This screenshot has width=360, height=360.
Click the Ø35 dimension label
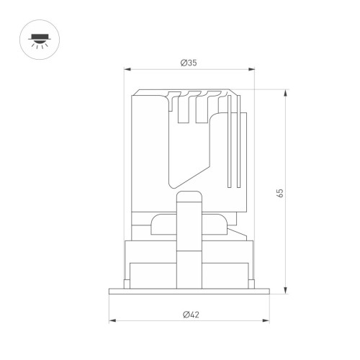(189, 63)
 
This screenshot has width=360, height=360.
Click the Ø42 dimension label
(191, 315)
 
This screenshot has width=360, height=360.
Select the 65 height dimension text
(280, 193)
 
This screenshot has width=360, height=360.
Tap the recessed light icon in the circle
(40, 40)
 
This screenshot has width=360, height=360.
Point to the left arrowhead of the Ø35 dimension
(127, 69)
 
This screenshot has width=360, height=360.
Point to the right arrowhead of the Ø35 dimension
(251, 69)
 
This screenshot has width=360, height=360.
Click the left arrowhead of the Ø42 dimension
(112, 320)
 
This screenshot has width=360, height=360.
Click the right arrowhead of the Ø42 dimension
(266, 320)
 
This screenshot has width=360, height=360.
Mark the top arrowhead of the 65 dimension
(285, 93)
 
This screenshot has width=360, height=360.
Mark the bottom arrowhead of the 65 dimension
(285, 290)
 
